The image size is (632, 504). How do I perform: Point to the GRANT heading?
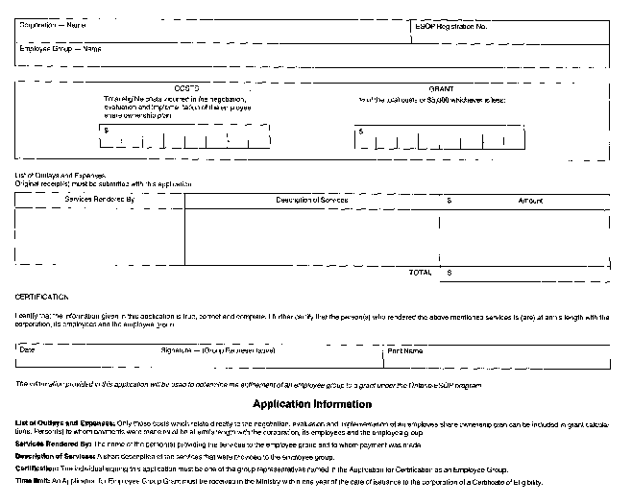coord(441,87)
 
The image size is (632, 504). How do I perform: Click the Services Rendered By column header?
coord(100,200)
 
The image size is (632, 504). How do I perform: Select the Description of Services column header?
coord(311,200)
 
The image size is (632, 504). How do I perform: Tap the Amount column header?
coord(530,200)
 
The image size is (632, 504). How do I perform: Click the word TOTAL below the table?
coord(420,273)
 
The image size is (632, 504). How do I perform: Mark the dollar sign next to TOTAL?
coord(449,273)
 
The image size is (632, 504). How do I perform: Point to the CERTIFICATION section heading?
coord(42,298)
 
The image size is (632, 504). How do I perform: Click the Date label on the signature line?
coord(28,350)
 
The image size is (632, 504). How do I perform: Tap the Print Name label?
coord(404,350)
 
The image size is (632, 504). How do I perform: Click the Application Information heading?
coord(311,404)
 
